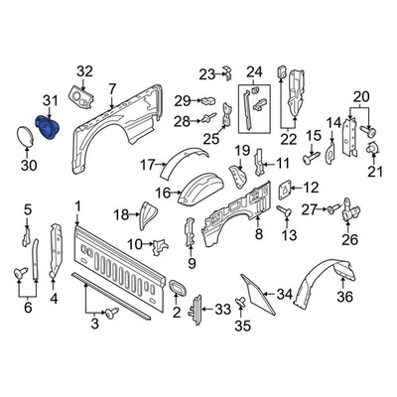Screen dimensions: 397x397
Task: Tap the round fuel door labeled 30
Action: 22,138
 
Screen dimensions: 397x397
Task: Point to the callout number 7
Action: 112,89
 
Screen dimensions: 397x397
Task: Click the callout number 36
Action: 344,295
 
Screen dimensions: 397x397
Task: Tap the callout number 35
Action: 240,324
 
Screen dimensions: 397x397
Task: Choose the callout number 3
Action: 96,324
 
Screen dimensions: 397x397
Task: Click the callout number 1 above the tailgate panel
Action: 76,205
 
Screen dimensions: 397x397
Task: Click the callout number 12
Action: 310,186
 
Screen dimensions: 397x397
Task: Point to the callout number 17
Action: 147,164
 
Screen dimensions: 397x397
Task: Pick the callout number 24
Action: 254,70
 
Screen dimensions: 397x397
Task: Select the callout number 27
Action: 309,209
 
